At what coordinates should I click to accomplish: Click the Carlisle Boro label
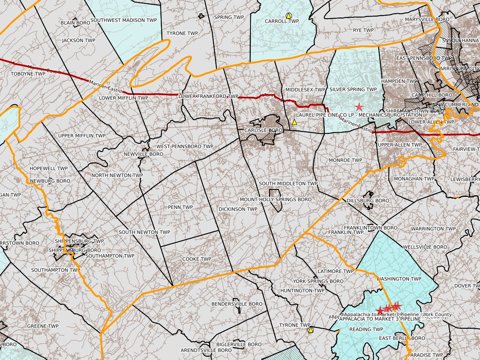pos(263,130)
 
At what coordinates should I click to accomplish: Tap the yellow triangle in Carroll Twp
pos(289,16)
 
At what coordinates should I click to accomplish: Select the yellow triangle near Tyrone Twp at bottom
pos(311,330)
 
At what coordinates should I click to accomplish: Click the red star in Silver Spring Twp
pos(359,107)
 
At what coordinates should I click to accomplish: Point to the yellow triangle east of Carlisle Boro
pos(294,122)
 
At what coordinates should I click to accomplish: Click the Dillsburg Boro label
pos(368,201)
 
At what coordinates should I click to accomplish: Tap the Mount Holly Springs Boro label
pos(275,200)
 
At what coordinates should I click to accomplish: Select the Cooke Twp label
pos(197,259)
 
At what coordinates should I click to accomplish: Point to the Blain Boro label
pos(75,23)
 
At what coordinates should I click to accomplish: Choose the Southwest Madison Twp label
pos(124,20)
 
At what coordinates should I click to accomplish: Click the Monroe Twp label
pos(345,160)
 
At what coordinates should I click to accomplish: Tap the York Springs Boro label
pos(318,281)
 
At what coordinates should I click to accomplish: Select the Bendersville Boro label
pos(237,304)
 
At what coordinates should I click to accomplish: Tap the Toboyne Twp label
pos(28,74)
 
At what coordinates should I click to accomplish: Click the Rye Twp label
pos(363,30)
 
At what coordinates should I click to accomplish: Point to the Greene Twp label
pos(43,326)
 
